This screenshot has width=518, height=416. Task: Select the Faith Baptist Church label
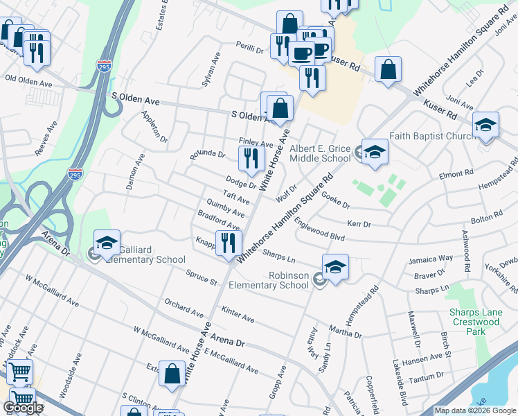point(431,136)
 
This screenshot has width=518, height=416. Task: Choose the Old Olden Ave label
point(28,80)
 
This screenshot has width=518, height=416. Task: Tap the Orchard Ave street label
point(181,305)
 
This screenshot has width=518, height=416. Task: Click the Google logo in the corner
point(23,407)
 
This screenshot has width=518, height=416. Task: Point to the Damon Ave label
point(135,173)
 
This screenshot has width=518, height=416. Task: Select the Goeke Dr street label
point(336,201)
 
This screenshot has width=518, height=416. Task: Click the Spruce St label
point(201,278)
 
